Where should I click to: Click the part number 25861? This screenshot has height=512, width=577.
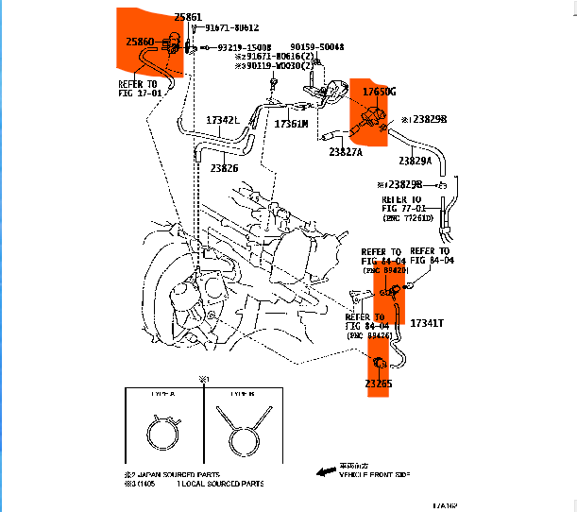coord(188,17)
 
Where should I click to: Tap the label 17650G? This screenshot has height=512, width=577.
coord(380,92)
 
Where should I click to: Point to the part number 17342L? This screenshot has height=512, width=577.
coord(224,120)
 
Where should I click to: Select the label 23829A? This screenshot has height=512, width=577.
coord(416,161)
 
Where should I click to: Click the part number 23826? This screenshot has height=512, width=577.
coord(224,168)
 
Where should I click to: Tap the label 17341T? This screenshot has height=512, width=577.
coord(426,323)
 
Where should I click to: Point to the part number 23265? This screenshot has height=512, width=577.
coord(378,384)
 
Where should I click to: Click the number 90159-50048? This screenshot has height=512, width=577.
coord(316,46)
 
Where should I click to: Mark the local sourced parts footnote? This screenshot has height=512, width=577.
coord(212,484)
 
